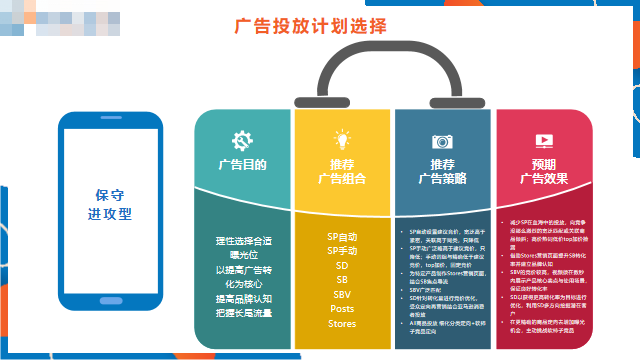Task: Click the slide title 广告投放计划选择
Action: coord(310,26)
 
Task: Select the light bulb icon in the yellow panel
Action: coord(342,139)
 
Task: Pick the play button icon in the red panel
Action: coord(543,140)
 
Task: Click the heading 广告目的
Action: coord(242,163)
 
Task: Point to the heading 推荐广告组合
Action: coord(342,171)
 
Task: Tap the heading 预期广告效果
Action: coord(543,171)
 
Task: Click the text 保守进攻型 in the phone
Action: coord(114,204)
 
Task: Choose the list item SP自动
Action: coord(342,237)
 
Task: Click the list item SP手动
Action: coord(342,251)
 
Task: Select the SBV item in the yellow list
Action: coord(342,294)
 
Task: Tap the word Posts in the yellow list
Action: coord(342,309)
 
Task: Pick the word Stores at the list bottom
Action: coord(342,324)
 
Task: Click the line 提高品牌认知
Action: coord(242,298)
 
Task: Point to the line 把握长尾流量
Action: coord(242,314)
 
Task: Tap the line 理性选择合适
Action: coord(242,242)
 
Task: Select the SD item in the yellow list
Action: coord(342,266)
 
